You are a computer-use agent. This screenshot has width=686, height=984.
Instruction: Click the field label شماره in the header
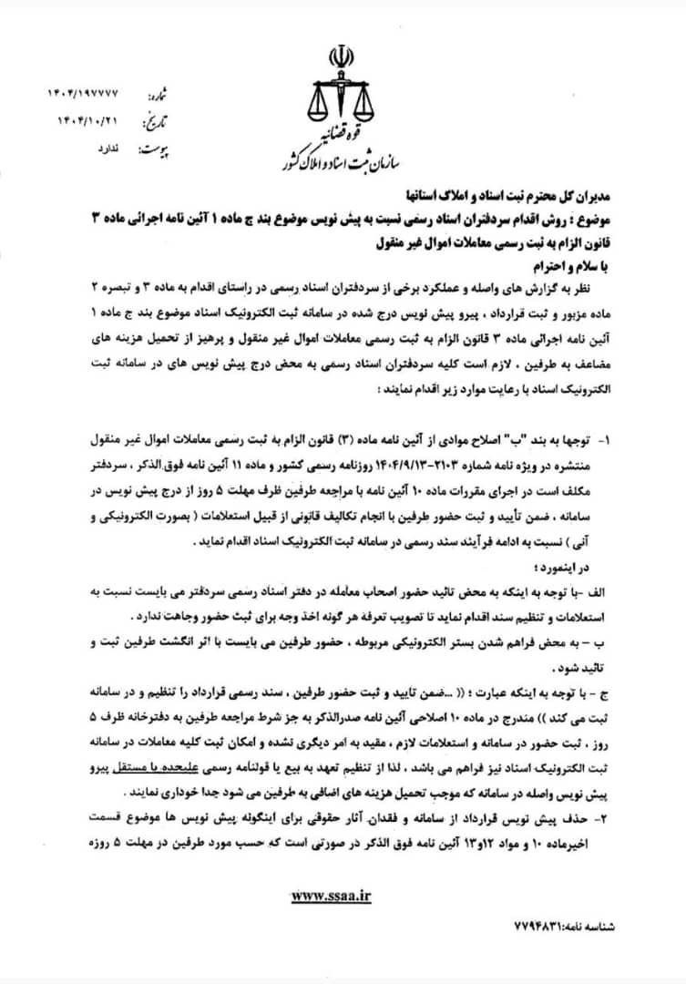point(157,95)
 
